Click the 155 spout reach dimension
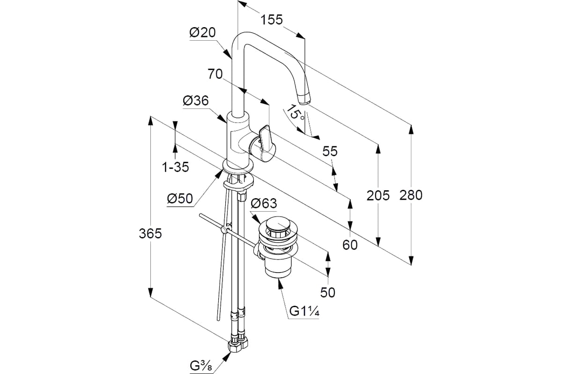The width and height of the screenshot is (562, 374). coord(272,20)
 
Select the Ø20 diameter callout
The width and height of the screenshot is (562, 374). coord(202,32)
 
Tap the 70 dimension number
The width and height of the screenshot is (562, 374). coord(215,74)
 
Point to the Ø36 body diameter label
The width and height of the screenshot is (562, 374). coord(196,101)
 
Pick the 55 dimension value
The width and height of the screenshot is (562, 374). coord(330,151)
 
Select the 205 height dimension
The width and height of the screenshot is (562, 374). coord(378,195)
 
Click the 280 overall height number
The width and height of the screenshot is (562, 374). coord(411,195)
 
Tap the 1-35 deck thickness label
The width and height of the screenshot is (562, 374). coord(175,167)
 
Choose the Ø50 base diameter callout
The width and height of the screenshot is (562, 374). coord(180,199)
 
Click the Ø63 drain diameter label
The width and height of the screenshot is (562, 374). coord(264,203)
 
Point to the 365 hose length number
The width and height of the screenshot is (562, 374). coord(150,234)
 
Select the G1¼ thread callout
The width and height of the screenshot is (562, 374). coord(304,311)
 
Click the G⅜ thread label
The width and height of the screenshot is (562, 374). coord(201,366)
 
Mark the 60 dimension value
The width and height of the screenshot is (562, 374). coord(350,245)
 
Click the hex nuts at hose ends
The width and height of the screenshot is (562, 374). coord(238,347)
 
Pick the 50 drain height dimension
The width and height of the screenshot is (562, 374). coord(328,292)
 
